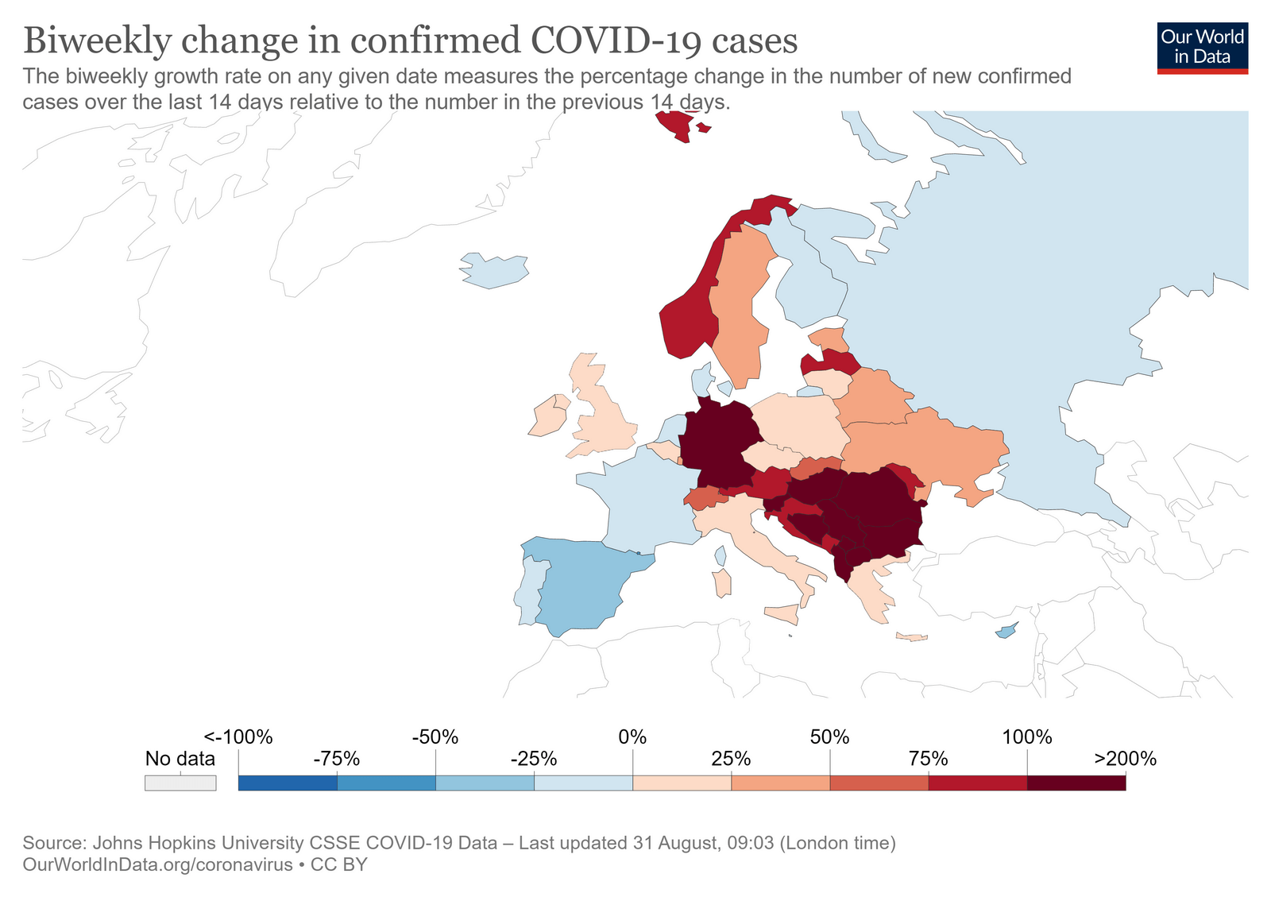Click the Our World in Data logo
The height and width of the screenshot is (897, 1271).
point(1202,48)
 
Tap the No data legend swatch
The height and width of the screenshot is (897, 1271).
point(180,783)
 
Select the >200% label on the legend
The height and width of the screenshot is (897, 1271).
point(1125,759)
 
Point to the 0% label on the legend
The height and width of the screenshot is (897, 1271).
point(632,737)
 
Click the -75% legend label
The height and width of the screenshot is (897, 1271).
point(337,759)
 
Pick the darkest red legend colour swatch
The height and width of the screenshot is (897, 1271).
point(1076,783)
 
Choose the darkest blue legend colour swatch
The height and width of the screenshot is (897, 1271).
point(288,783)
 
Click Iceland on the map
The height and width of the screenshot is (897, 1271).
point(494,270)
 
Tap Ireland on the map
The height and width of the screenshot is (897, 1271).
point(548,417)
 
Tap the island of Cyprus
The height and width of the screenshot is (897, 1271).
point(1006,632)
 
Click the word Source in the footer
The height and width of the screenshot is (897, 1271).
point(53,843)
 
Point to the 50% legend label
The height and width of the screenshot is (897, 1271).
point(829,737)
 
